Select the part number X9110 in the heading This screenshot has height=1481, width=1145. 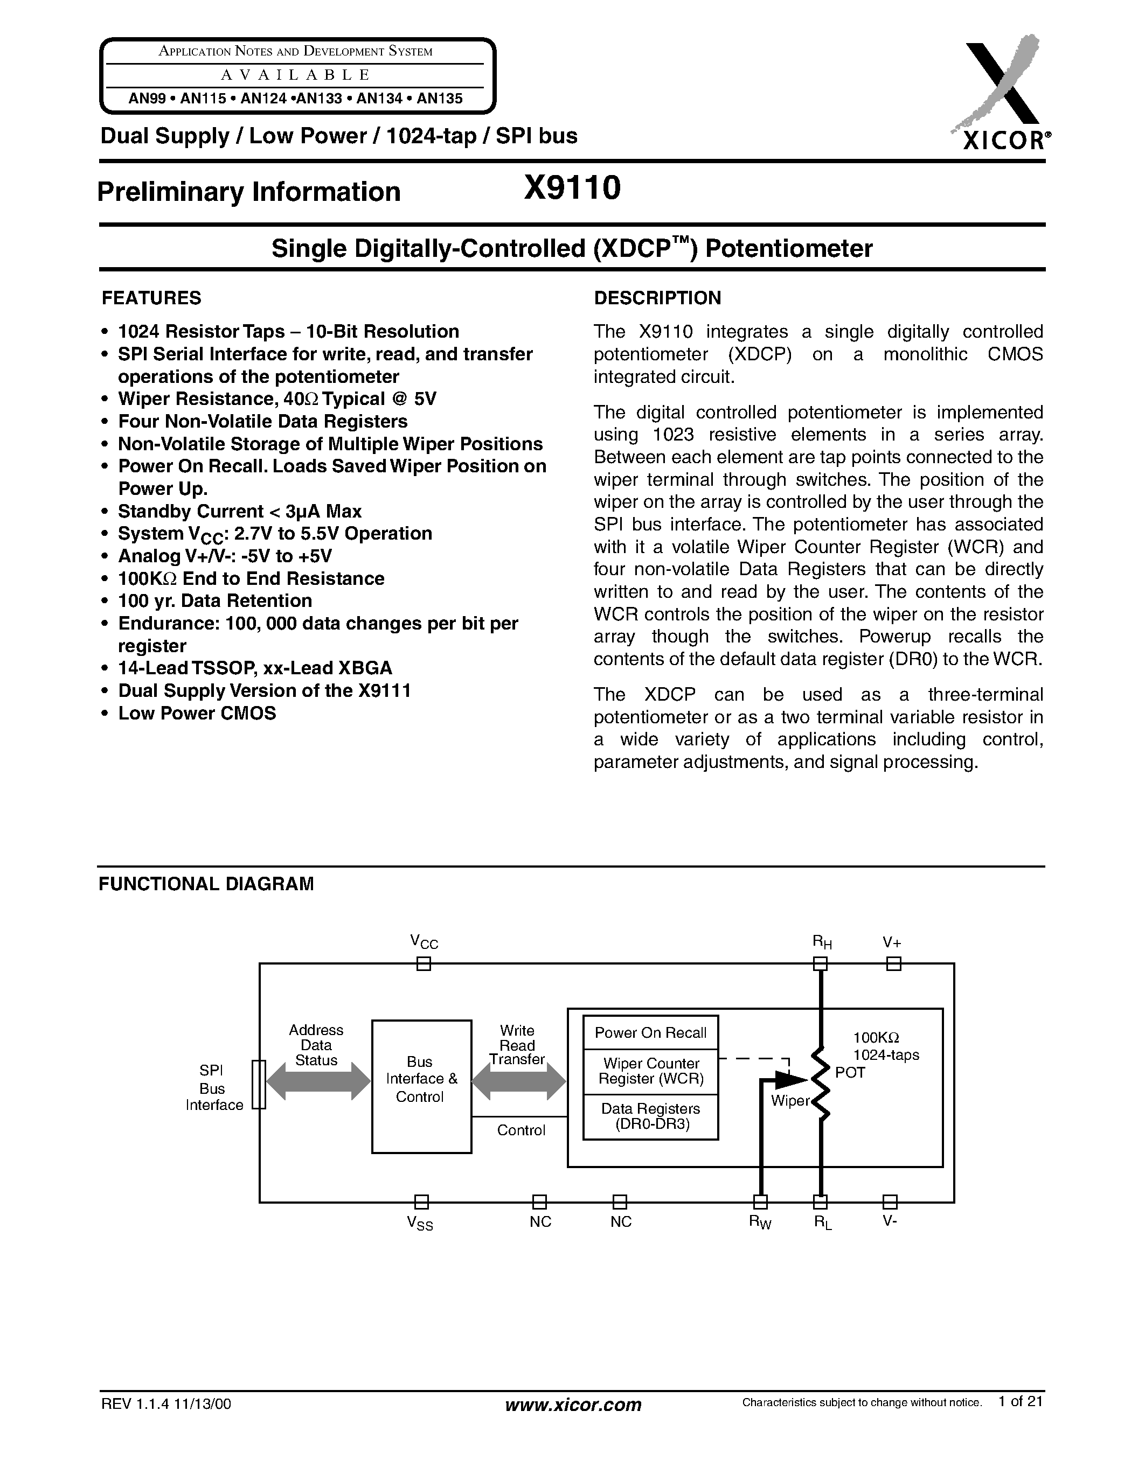pos(572,188)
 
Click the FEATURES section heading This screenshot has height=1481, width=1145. pos(151,298)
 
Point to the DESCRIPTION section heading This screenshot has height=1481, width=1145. pos(657,298)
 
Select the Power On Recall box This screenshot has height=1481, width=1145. pos(650,1033)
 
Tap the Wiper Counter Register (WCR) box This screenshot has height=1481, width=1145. pos(650,1071)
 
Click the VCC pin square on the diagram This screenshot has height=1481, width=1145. pos(424,963)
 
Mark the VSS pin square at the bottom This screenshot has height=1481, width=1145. pos(421,1202)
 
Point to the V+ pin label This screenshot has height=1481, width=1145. pos(891,942)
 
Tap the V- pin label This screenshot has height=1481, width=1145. pos(889,1221)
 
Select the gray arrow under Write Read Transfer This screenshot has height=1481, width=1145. pos(518,1081)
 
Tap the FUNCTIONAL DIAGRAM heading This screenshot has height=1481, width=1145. pos(206,884)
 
